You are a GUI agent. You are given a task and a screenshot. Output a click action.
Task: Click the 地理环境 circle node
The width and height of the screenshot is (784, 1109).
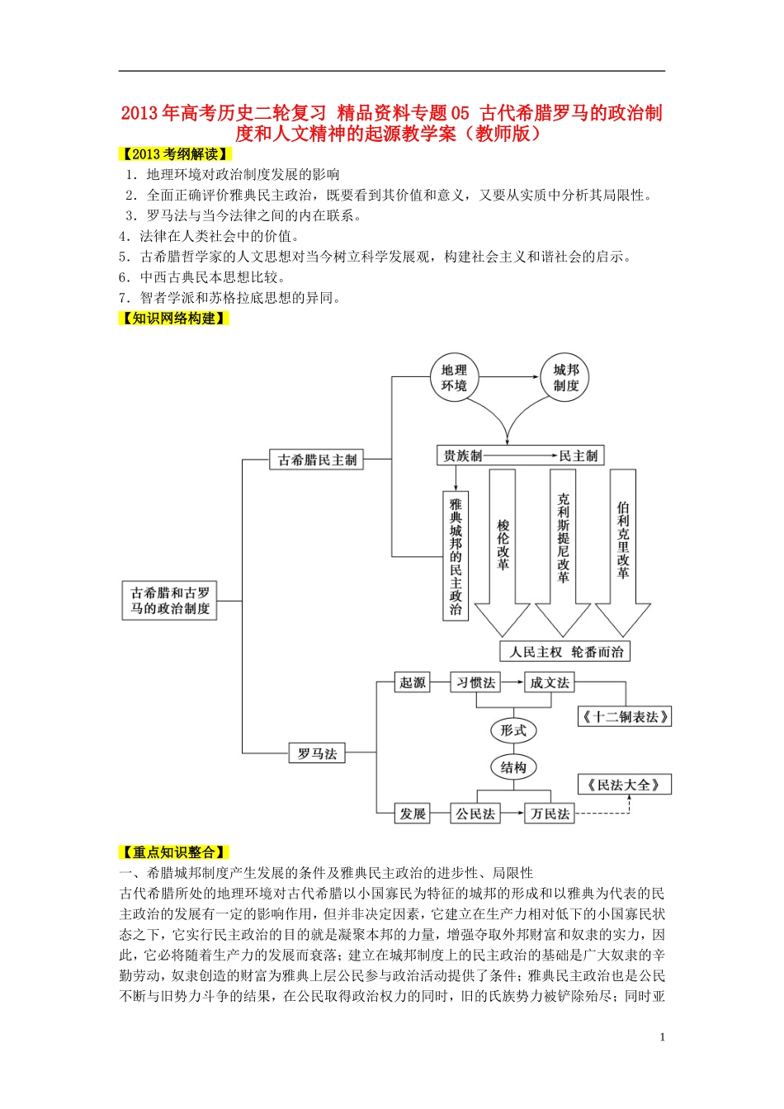click(454, 378)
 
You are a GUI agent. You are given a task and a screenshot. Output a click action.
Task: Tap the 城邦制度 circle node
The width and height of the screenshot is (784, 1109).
click(565, 378)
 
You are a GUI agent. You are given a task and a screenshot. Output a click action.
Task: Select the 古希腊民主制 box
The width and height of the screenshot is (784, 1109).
click(317, 460)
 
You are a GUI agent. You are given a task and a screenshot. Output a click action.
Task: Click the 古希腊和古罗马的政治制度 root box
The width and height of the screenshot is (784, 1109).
click(170, 600)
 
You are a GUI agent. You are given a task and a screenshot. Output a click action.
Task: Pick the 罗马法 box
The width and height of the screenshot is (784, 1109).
click(317, 753)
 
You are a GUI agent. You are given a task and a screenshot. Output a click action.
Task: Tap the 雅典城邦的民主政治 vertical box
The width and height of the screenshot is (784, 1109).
click(456, 556)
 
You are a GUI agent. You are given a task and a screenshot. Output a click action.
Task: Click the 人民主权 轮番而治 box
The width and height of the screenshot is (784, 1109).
click(565, 651)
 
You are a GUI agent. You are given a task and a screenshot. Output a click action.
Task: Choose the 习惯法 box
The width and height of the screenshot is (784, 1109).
click(475, 682)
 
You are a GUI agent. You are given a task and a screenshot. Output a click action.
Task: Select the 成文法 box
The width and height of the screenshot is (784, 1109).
click(550, 682)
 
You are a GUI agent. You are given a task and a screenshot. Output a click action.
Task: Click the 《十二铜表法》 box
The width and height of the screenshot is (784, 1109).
click(625, 716)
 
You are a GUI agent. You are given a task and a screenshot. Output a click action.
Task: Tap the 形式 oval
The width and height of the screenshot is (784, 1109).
click(513, 730)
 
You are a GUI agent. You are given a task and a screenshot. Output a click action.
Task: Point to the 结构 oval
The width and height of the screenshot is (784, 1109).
click(513, 767)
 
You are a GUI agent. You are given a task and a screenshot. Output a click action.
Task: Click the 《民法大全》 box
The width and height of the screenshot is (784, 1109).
click(625, 785)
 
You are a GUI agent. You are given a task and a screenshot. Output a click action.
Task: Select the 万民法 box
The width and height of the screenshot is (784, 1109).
click(550, 814)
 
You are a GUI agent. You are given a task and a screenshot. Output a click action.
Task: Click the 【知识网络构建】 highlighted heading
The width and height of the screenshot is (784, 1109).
click(173, 319)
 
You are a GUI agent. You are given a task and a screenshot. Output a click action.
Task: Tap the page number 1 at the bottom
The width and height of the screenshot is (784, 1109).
click(662, 1037)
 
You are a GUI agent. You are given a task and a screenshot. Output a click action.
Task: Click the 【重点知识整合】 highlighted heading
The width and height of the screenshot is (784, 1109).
click(173, 852)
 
